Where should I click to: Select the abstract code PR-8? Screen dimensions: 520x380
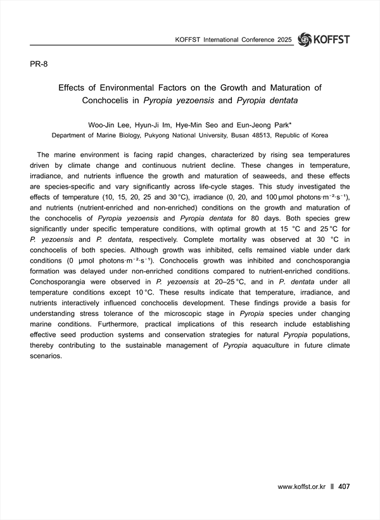tap(39, 65)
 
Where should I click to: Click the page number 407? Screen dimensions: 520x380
tap(345, 486)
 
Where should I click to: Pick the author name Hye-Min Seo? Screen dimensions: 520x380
tap(201, 125)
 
